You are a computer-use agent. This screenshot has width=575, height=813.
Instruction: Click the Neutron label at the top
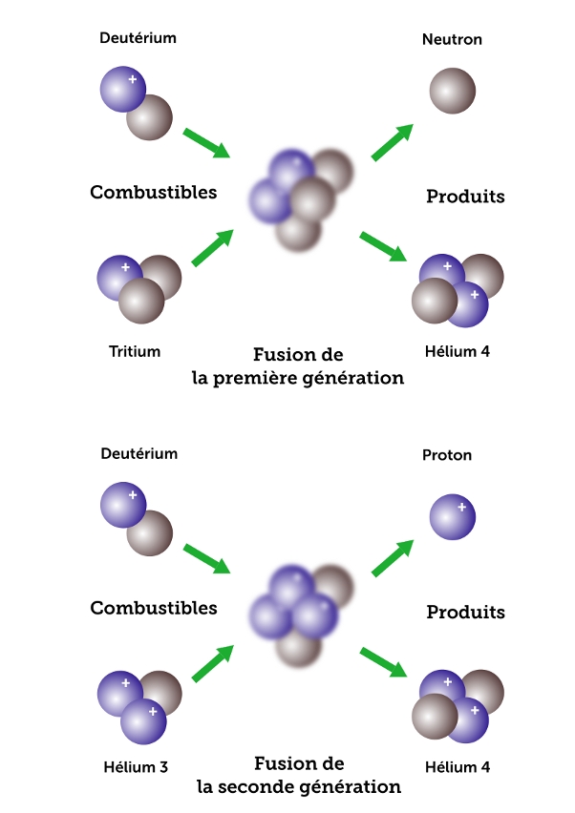click(x=452, y=40)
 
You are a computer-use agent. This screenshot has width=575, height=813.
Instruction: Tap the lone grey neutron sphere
click(x=452, y=93)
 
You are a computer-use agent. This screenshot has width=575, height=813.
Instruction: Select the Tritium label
click(x=135, y=351)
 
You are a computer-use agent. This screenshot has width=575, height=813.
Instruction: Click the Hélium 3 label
click(x=135, y=766)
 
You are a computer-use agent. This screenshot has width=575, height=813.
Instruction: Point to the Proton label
click(x=447, y=455)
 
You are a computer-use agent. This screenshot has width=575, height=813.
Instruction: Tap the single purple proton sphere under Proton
click(x=452, y=517)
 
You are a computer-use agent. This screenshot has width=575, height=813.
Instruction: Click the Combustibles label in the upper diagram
click(x=154, y=193)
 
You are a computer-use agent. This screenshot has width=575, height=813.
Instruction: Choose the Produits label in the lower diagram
click(x=465, y=612)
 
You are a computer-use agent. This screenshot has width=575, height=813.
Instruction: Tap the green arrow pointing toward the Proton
click(x=393, y=558)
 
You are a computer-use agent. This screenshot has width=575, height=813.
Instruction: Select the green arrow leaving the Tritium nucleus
click(x=212, y=247)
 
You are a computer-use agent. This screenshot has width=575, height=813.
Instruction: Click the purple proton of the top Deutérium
click(x=123, y=90)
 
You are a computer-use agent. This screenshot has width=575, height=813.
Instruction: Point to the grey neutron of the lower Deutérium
click(x=150, y=533)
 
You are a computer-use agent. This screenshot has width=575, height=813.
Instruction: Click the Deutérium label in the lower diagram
click(x=139, y=454)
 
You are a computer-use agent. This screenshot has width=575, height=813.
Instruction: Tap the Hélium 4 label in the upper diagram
click(x=456, y=351)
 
